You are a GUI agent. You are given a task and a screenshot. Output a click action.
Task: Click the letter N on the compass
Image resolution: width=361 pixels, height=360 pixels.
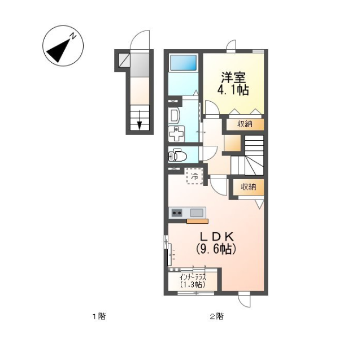coord(73,36)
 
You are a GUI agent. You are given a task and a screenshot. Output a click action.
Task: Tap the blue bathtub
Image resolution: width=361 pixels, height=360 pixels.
coord(183,62)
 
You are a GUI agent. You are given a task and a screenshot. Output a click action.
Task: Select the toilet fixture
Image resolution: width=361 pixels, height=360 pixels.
coord(177,156)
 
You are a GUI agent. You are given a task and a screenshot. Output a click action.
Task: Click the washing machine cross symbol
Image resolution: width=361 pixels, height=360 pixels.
coord(176,134)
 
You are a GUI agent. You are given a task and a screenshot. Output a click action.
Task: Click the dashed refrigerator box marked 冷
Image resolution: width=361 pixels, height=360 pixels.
coord(194,176)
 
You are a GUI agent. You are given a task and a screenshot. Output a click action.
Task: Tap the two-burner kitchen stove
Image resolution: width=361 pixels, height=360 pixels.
coord(177,213)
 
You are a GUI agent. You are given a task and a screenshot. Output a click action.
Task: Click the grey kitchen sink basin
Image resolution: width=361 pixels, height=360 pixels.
coord(197,212)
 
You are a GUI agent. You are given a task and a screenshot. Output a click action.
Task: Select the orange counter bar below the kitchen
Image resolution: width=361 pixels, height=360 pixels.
coord(197,222)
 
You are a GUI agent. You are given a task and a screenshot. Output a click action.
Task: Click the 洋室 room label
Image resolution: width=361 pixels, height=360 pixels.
coord(233,77)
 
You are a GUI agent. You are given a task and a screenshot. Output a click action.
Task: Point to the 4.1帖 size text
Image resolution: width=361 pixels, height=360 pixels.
coord(233,90)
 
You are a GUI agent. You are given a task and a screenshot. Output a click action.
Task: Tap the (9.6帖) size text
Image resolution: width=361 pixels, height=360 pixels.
coord(216,249)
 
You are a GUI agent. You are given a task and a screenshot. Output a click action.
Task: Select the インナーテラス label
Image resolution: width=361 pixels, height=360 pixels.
coord(193,277)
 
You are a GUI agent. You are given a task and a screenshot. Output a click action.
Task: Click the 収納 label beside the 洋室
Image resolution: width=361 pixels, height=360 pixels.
coord(245,124)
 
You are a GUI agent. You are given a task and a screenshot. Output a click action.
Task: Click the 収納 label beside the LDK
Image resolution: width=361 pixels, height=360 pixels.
coord(249,186)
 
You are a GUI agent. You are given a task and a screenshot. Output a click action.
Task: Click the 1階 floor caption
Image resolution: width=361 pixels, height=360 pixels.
coord(99,316)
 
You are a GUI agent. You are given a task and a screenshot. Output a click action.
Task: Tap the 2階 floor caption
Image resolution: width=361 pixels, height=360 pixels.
coord(216,316)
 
